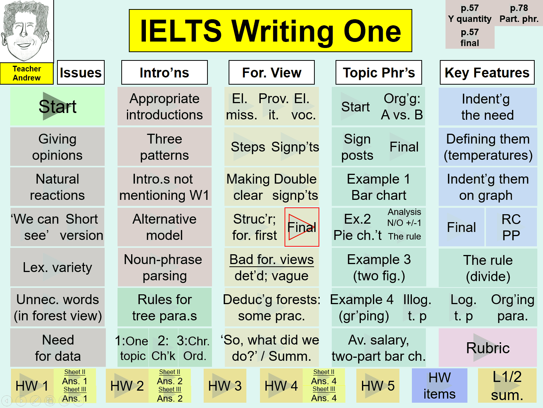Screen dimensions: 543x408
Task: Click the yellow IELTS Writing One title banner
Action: pos(271,31)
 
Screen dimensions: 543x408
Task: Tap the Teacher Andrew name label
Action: pos(27,73)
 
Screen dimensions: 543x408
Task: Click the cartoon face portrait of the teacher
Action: pos(27,31)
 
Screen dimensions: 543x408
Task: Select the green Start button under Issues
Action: pos(57,106)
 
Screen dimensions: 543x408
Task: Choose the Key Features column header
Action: pos(487,73)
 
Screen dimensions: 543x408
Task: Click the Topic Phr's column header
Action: pos(379,73)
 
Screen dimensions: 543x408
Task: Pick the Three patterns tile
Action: pos(164,147)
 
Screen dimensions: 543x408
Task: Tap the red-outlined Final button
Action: pos(302,227)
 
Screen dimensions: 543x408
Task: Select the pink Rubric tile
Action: pos(488,348)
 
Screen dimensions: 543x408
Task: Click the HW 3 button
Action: pos(225,385)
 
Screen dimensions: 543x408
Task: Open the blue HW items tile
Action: pos(439,385)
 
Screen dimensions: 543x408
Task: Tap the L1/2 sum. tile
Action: pos(507,385)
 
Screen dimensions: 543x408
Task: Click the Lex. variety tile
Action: pos(57,267)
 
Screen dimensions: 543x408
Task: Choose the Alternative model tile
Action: pos(164,227)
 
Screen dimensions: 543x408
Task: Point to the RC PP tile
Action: pos(511,227)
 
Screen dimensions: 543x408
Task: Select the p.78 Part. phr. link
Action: pos(519,13)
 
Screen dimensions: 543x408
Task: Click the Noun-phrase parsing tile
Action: pos(164,267)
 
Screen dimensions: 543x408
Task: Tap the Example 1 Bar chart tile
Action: pos(379,187)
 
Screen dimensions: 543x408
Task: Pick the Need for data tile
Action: pos(58,348)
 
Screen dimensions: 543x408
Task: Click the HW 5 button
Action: pos(378,385)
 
